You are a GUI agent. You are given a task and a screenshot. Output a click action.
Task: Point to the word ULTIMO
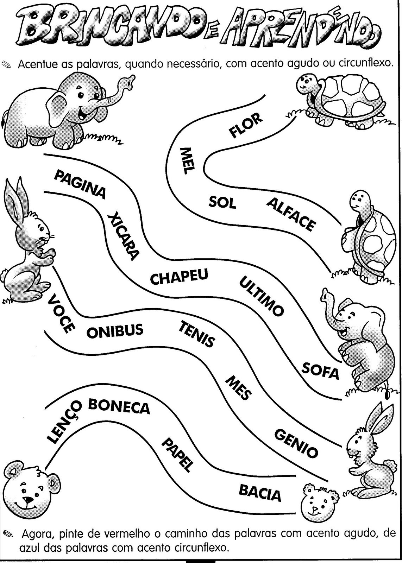[x=261, y=296]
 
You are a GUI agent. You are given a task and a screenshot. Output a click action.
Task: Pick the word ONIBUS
[x=115, y=331]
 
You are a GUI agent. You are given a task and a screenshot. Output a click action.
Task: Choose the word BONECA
[x=119, y=407]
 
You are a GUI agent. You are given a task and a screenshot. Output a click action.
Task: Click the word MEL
[x=187, y=162]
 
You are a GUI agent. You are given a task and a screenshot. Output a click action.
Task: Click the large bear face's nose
[x=27, y=500]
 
